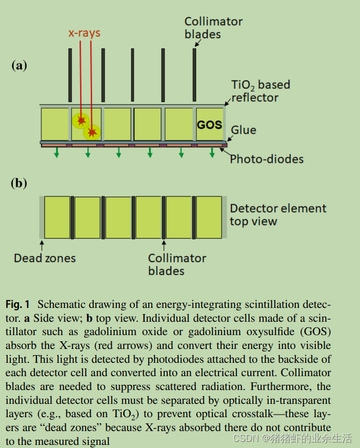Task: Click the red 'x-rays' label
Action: pyautogui.click(x=85, y=33)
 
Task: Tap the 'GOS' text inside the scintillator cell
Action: pyautogui.click(x=209, y=125)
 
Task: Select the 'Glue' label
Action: pyautogui.click(x=244, y=130)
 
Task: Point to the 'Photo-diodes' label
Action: pyautogui.click(x=267, y=159)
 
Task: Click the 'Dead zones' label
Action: pyautogui.click(x=45, y=258)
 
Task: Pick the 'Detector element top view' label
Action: pyautogui.click(x=278, y=215)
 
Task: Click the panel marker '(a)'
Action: pyautogui.click(x=19, y=65)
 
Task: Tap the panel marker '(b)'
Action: pyautogui.click(x=19, y=184)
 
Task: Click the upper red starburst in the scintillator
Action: pyautogui.click(x=81, y=121)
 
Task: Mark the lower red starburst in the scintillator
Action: pyautogui.click(x=92, y=133)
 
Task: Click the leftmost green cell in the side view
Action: pyautogui.click(x=54, y=124)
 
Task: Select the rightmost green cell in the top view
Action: pyautogui.click(x=209, y=217)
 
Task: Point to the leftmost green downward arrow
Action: pyautogui.click(x=56, y=153)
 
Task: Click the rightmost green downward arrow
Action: pyautogui.click(x=212, y=153)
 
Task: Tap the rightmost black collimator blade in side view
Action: pyautogui.click(x=194, y=75)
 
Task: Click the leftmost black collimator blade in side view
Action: pyautogui.click(x=70, y=75)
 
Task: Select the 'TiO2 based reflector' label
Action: pyautogui.click(x=261, y=91)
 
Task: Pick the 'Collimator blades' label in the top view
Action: pyautogui.click(x=177, y=264)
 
